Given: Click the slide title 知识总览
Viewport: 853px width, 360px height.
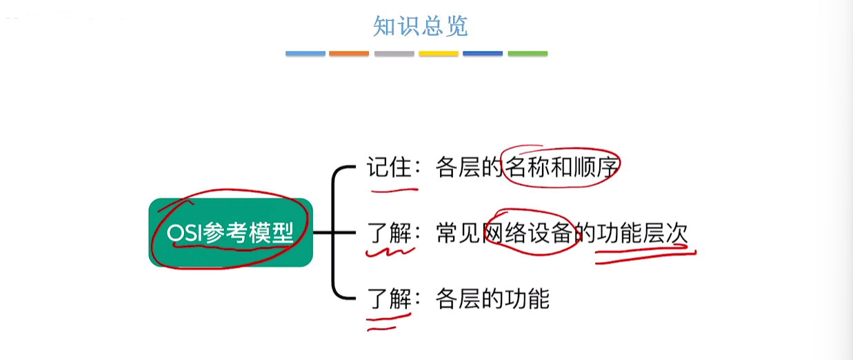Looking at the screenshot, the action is click(x=421, y=26).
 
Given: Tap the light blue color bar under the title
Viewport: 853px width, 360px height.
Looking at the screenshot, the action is click(x=305, y=54).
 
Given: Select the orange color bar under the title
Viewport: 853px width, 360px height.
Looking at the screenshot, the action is click(x=349, y=54).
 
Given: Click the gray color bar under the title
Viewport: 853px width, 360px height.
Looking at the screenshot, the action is click(x=394, y=54).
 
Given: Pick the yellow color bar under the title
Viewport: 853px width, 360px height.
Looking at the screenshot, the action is click(x=439, y=54).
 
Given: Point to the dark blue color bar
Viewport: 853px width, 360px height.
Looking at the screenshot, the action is click(x=483, y=54).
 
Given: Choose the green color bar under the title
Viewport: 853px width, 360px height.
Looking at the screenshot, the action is click(x=528, y=54).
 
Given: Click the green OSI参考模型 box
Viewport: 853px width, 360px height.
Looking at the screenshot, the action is click(x=231, y=232).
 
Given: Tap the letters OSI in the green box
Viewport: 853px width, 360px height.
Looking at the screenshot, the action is click(x=183, y=232).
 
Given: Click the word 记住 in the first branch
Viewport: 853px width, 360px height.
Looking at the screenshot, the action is click(x=389, y=167).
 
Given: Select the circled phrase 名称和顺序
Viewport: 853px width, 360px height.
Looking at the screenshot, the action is click(x=561, y=167).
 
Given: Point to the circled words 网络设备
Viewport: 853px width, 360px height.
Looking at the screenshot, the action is click(x=528, y=233).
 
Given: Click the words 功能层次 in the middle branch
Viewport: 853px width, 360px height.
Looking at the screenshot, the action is click(x=642, y=233).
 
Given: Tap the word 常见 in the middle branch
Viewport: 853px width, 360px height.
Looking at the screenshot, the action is click(x=458, y=233).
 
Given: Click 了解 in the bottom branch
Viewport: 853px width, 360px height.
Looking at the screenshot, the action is click(x=389, y=299).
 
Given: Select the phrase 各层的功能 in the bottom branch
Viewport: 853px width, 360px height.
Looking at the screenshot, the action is click(x=492, y=299).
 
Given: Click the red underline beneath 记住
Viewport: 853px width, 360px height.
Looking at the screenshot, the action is click(x=394, y=190).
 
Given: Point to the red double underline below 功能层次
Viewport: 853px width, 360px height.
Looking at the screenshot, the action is click(x=646, y=255).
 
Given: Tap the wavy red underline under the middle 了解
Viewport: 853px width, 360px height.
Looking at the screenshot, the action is click(x=390, y=252).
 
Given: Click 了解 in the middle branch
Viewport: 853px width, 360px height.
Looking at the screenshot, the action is click(x=389, y=233).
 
